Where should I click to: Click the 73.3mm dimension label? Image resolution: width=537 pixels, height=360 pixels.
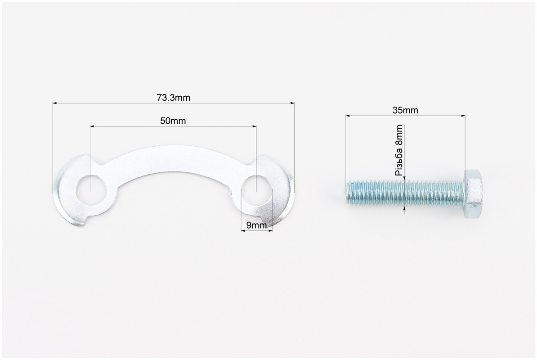tap(173, 98)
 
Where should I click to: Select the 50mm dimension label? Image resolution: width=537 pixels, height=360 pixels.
tap(173, 121)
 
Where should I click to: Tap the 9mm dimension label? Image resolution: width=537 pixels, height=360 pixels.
tap(256, 225)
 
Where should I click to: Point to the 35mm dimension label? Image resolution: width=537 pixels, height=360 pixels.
tap(405, 110)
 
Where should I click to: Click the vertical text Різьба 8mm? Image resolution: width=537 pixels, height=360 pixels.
tap(399, 150)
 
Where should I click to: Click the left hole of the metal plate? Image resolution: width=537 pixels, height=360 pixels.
tap(90, 190)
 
